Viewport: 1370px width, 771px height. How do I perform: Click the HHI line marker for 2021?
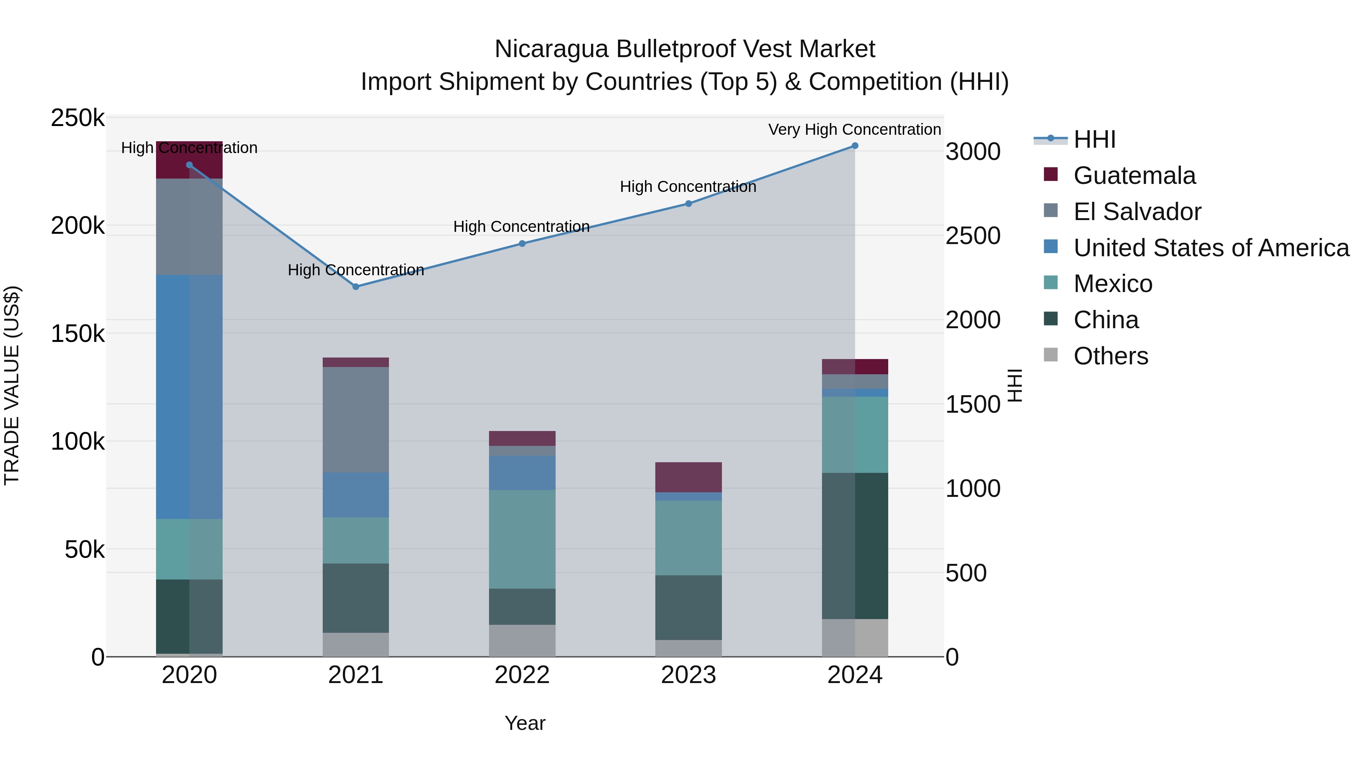(x=356, y=287)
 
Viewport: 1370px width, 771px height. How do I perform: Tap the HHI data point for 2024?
(x=855, y=146)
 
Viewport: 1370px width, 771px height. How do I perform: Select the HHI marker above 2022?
(x=522, y=244)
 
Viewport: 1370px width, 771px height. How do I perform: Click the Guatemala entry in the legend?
(x=1134, y=176)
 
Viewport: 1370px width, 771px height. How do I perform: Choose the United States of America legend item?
(x=1211, y=248)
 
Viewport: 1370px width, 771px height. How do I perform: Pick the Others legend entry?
(x=1110, y=356)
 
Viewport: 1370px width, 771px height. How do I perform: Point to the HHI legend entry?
(x=1094, y=139)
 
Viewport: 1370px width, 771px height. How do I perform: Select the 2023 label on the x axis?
(x=688, y=675)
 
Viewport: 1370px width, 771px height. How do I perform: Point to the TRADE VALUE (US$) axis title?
(x=12, y=385)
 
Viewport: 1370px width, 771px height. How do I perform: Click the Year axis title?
(x=524, y=723)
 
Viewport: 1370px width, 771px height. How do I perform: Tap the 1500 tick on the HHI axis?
(x=973, y=404)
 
